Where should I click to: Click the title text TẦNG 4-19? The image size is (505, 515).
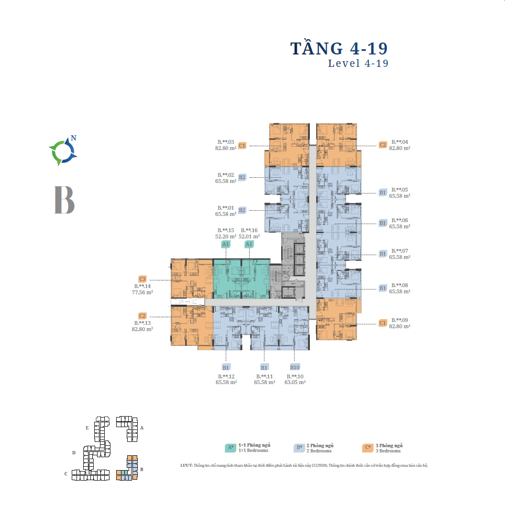[x=339, y=49]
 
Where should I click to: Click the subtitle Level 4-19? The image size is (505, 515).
[x=358, y=64]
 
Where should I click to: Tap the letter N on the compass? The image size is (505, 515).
[x=73, y=138]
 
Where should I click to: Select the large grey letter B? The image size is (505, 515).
[x=65, y=199]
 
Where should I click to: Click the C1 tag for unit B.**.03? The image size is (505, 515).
[x=242, y=145]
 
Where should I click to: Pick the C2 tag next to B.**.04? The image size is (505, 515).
[x=383, y=145]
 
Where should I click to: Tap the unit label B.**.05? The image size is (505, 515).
[x=399, y=190]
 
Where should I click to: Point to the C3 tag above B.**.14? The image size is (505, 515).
[x=142, y=279]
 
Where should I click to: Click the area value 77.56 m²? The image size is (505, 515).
[x=142, y=292]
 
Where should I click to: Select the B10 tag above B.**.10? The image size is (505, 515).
[x=295, y=367]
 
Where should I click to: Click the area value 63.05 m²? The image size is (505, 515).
[x=295, y=382]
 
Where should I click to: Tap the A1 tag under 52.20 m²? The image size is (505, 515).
[x=226, y=244]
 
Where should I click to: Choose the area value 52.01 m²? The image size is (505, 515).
[x=249, y=236]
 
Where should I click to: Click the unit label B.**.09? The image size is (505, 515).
[x=399, y=320]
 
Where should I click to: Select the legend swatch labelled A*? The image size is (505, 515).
[x=231, y=448]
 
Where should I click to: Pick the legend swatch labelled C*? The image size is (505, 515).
[x=368, y=448]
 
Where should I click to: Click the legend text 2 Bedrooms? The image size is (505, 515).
[x=319, y=451]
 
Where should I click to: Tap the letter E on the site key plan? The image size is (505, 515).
[x=87, y=428]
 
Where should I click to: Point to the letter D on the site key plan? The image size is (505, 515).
[x=74, y=452]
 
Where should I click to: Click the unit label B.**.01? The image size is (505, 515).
[x=226, y=208]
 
